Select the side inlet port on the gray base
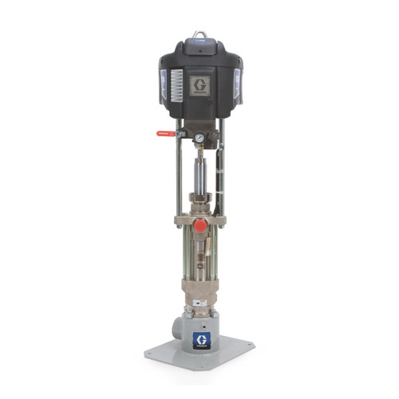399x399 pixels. click(x=177, y=329)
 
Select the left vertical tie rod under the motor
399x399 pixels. click(x=178, y=172)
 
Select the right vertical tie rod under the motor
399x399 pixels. click(x=221, y=172)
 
